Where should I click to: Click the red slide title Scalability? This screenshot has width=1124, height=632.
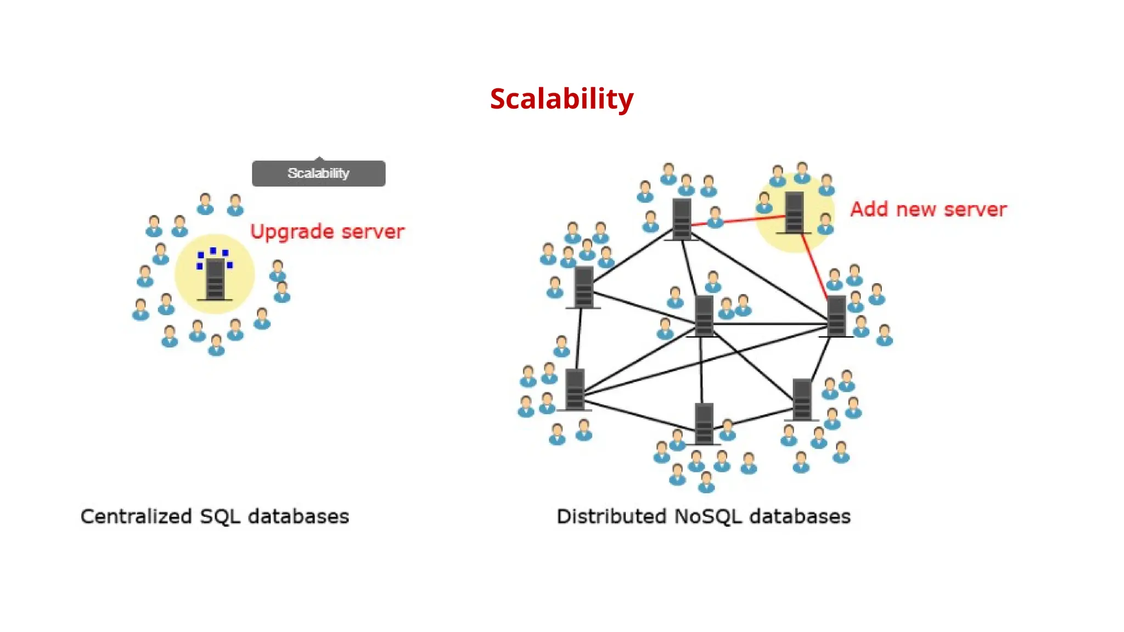pos(561,99)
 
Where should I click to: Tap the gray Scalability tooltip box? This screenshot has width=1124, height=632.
pos(318,173)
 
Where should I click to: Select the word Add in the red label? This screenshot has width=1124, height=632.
pos(869,210)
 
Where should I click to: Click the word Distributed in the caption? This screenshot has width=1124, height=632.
pos(611,517)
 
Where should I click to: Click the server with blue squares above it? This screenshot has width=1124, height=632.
pos(215,279)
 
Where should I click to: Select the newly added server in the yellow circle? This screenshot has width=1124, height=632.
pos(794,212)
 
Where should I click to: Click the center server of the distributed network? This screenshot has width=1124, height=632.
pos(704,316)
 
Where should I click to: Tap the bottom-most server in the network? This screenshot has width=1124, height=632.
pos(704,423)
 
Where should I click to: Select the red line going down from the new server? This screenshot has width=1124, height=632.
pos(814,266)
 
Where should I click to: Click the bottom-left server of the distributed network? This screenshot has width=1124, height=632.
pos(575,390)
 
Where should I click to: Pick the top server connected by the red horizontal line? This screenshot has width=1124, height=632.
pos(681,219)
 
